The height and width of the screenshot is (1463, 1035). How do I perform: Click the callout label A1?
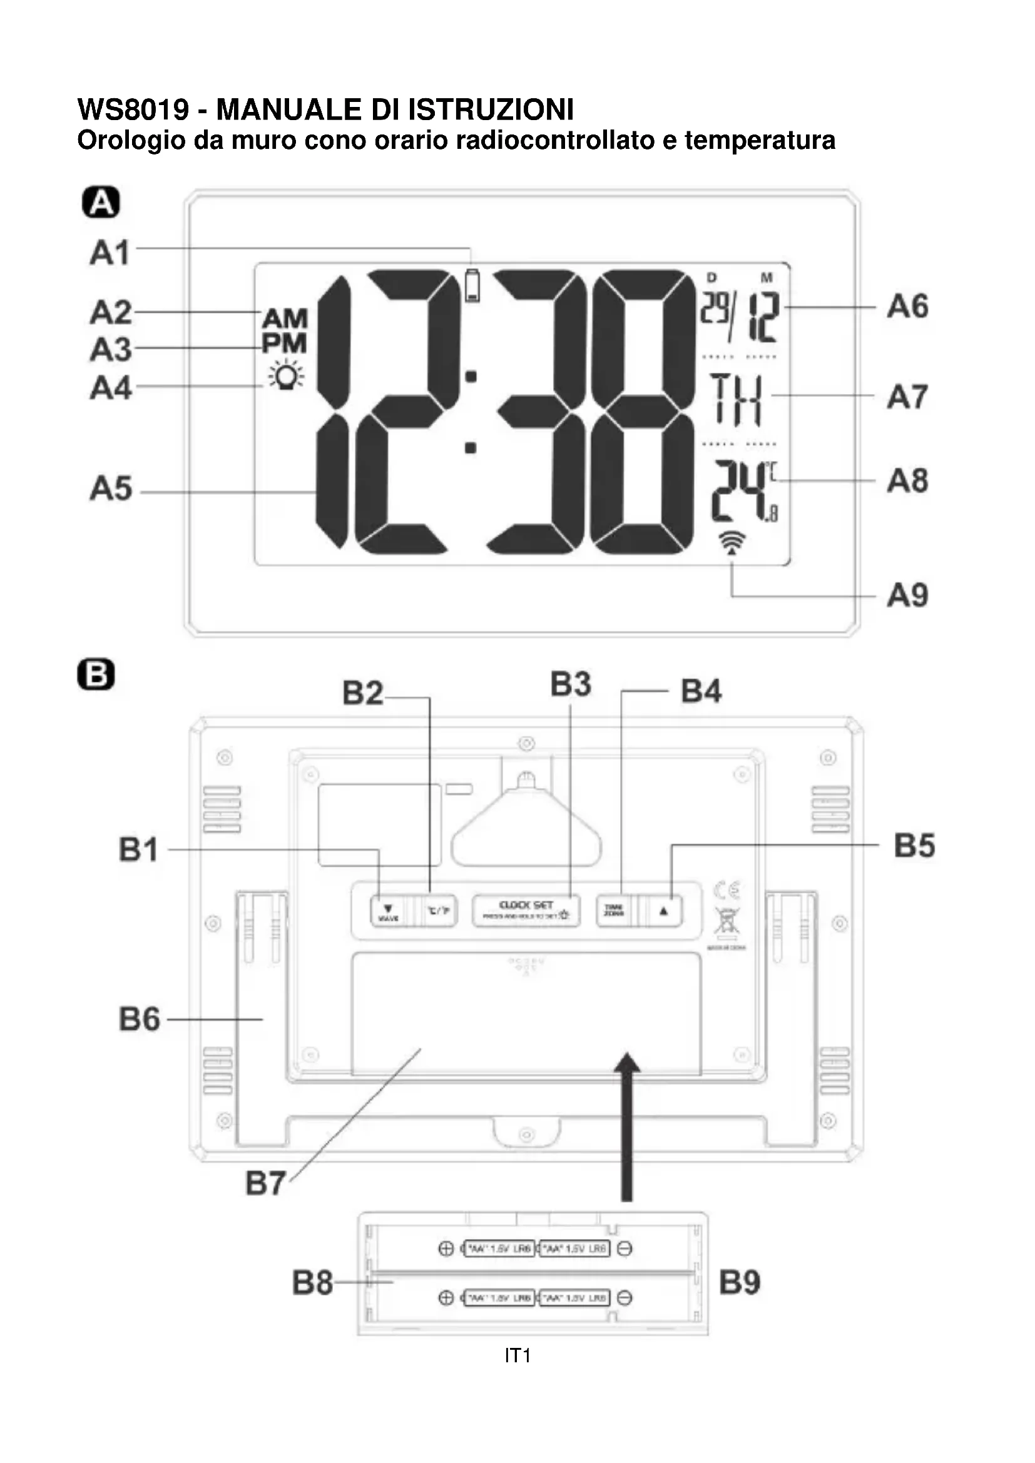(x=110, y=253)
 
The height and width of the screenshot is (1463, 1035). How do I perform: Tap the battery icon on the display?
(x=472, y=286)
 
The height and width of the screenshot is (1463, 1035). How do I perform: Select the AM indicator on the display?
(x=285, y=318)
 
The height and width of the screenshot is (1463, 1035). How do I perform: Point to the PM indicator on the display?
(x=284, y=344)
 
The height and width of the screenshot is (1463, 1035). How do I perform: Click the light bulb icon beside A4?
(x=286, y=376)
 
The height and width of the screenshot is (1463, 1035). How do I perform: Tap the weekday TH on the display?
(x=736, y=400)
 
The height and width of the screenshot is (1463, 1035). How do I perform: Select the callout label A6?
(x=907, y=306)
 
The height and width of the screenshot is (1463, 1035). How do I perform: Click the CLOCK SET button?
(x=526, y=910)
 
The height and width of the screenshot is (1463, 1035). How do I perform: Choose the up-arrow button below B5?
(x=664, y=911)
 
